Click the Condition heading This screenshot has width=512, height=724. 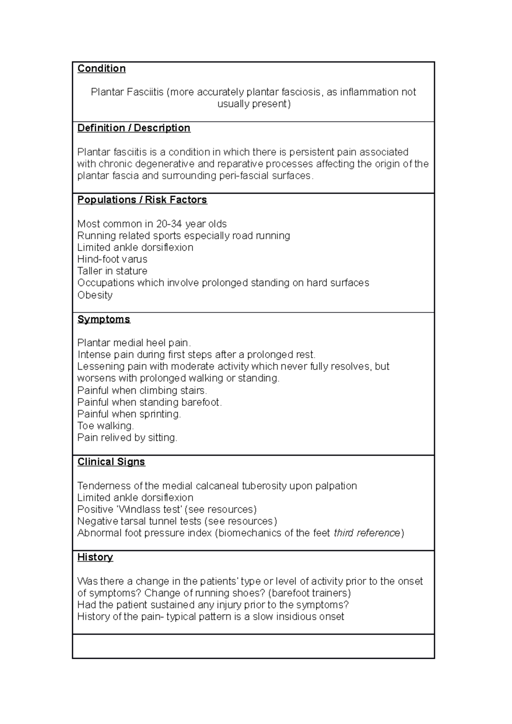pos(102,69)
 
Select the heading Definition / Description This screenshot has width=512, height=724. pos(134,128)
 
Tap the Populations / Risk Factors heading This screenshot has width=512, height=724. pos(142,200)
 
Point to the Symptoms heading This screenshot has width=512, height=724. pos(104,319)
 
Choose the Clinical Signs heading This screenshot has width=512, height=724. pos(111,462)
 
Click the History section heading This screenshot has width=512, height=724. pos(95,557)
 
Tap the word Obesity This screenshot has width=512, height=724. pos(95,295)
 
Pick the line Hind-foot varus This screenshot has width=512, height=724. pos(112,259)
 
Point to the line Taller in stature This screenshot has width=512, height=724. pos(112,271)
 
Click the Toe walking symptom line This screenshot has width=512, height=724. pos(105,426)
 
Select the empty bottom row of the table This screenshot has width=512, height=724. pos(253,646)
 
